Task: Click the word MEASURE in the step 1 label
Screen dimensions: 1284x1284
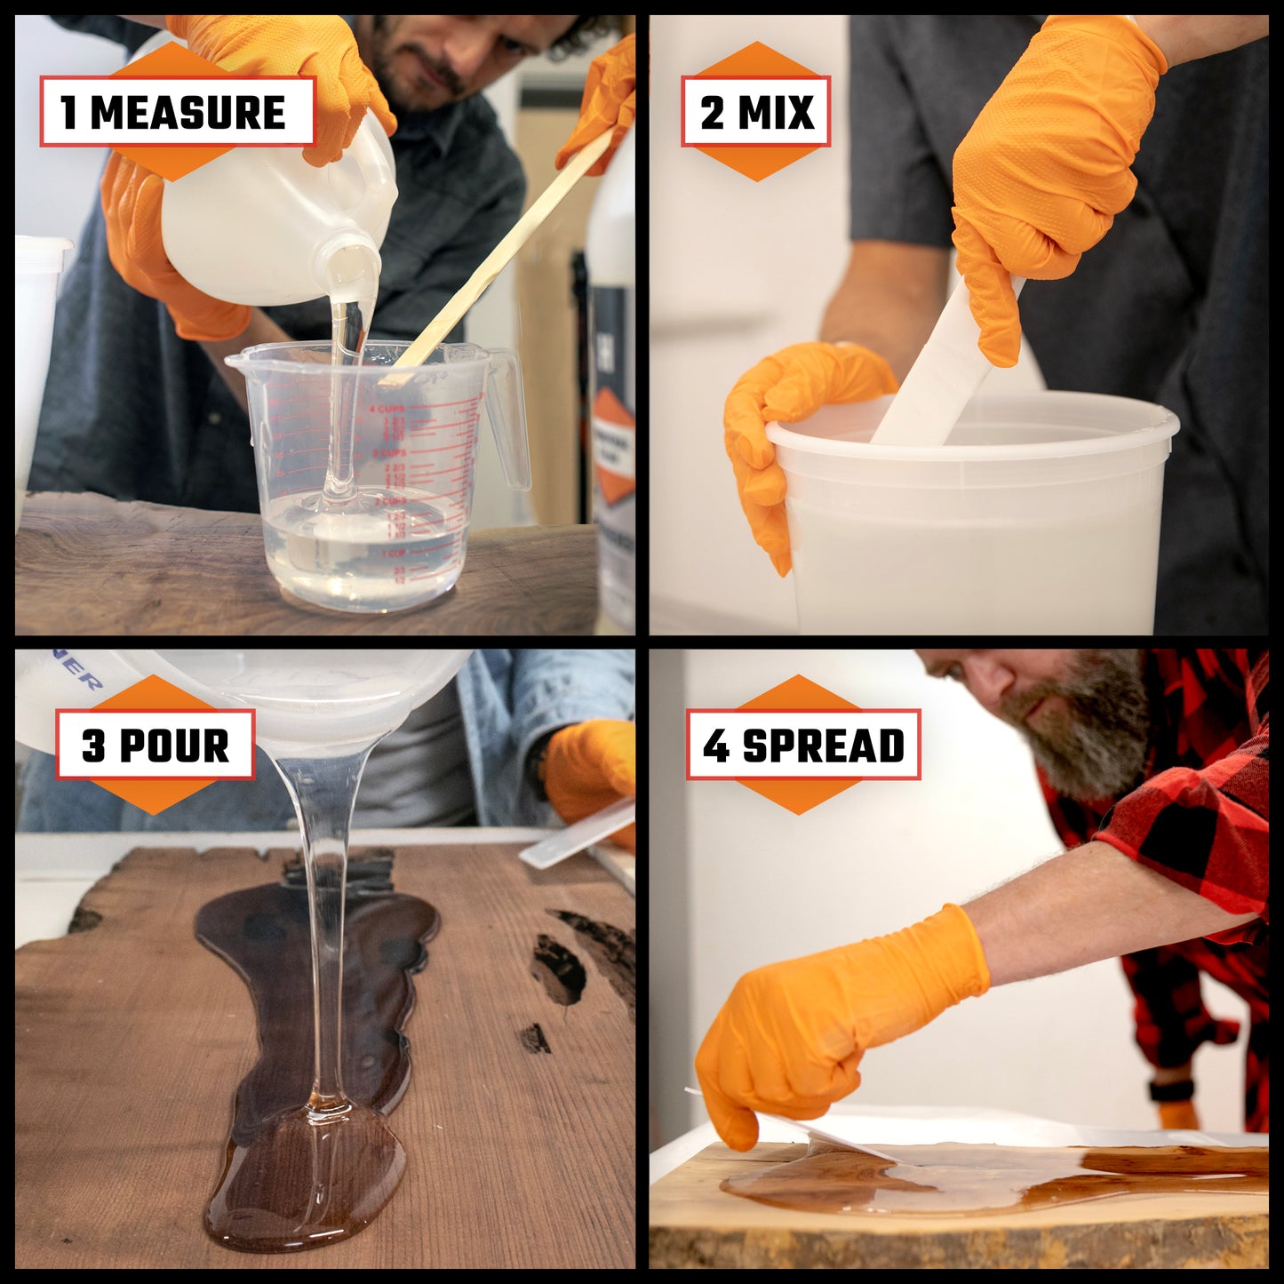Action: [x=187, y=113]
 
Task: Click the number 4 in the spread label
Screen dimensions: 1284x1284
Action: [x=715, y=746]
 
